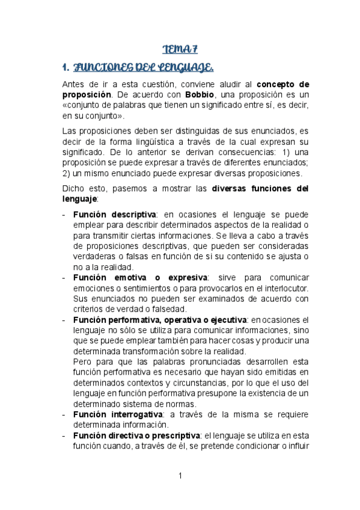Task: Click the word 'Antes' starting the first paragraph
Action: pos(74,84)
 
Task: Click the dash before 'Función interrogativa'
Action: pos(64,414)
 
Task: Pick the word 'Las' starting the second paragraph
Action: pos(70,131)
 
